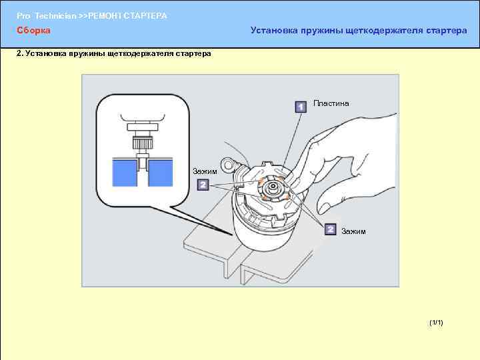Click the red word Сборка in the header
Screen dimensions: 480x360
(33, 30)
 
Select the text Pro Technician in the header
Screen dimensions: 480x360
(46, 16)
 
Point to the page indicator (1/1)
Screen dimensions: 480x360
(436, 323)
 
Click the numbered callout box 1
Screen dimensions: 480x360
(301, 107)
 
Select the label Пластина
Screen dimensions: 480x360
(331, 103)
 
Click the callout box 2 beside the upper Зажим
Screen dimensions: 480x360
(203, 185)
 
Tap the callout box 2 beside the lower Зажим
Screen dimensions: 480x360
(330, 229)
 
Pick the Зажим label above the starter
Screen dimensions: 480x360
(205, 171)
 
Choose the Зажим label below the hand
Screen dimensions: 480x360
(353, 231)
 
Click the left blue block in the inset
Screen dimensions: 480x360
(125, 173)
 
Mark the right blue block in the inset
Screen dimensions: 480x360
(161, 173)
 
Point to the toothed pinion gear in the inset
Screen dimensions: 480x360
(143, 143)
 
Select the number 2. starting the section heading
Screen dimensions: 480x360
(19, 53)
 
